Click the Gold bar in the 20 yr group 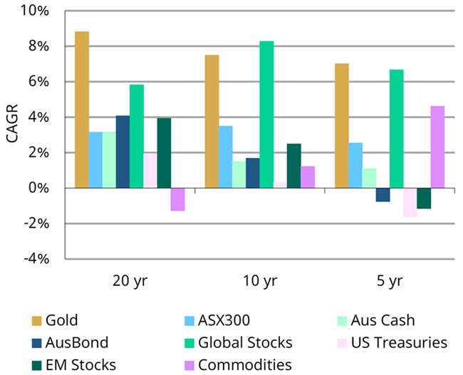(x=82, y=110)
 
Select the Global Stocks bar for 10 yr (x=266, y=115)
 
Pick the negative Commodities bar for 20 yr (x=178, y=199)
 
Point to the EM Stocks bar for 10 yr (x=293, y=166)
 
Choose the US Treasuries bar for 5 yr (x=410, y=202)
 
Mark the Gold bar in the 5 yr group (x=342, y=125)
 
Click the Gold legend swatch (x=36, y=321)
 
